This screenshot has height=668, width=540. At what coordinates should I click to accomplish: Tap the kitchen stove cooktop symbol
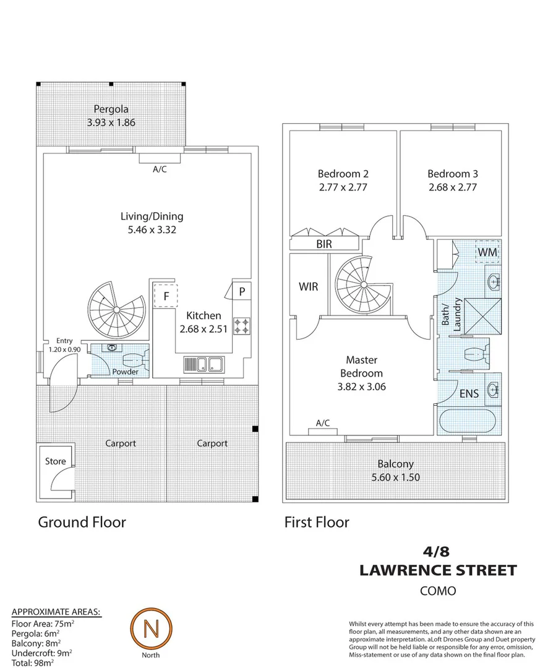241,325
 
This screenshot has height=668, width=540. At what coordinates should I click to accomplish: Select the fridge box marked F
166,296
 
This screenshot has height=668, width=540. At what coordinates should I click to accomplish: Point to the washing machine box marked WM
487,252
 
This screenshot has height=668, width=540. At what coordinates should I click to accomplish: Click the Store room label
54,461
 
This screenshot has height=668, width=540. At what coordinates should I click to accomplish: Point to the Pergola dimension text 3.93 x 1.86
111,122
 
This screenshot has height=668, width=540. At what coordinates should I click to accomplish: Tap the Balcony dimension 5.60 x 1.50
396,477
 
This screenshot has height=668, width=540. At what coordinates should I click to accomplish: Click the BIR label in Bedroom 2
324,244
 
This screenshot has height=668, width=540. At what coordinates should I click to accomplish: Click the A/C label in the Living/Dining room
160,169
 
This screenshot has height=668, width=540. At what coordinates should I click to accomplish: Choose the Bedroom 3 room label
453,174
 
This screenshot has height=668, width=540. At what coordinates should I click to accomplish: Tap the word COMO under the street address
438,591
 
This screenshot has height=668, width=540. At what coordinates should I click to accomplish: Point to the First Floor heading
317,522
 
